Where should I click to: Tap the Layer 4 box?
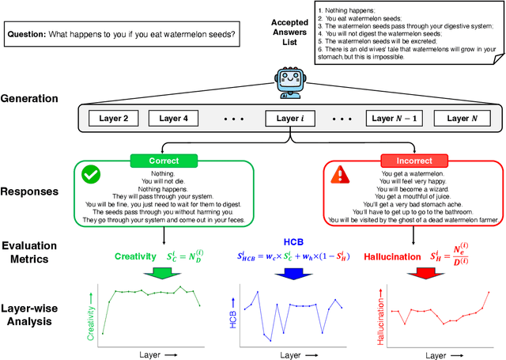point(174,119)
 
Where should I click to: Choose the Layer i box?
point(289,119)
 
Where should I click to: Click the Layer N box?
point(463,119)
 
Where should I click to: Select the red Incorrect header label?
point(413,160)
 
